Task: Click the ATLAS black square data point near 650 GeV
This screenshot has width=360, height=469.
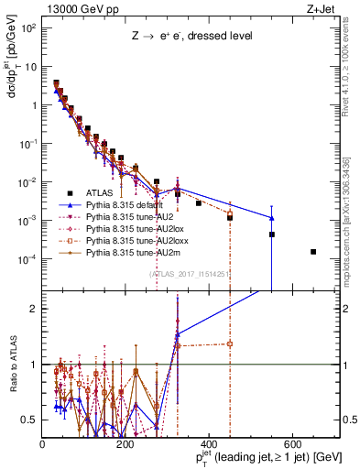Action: (313, 252)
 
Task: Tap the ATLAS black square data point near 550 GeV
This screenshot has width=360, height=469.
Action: (272, 234)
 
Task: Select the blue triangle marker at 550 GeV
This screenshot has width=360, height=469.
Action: (272, 218)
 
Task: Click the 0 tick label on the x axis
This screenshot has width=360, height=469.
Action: (43, 443)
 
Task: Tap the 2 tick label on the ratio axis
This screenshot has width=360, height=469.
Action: (34, 309)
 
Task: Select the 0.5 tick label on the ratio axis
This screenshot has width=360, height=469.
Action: (30, 420)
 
